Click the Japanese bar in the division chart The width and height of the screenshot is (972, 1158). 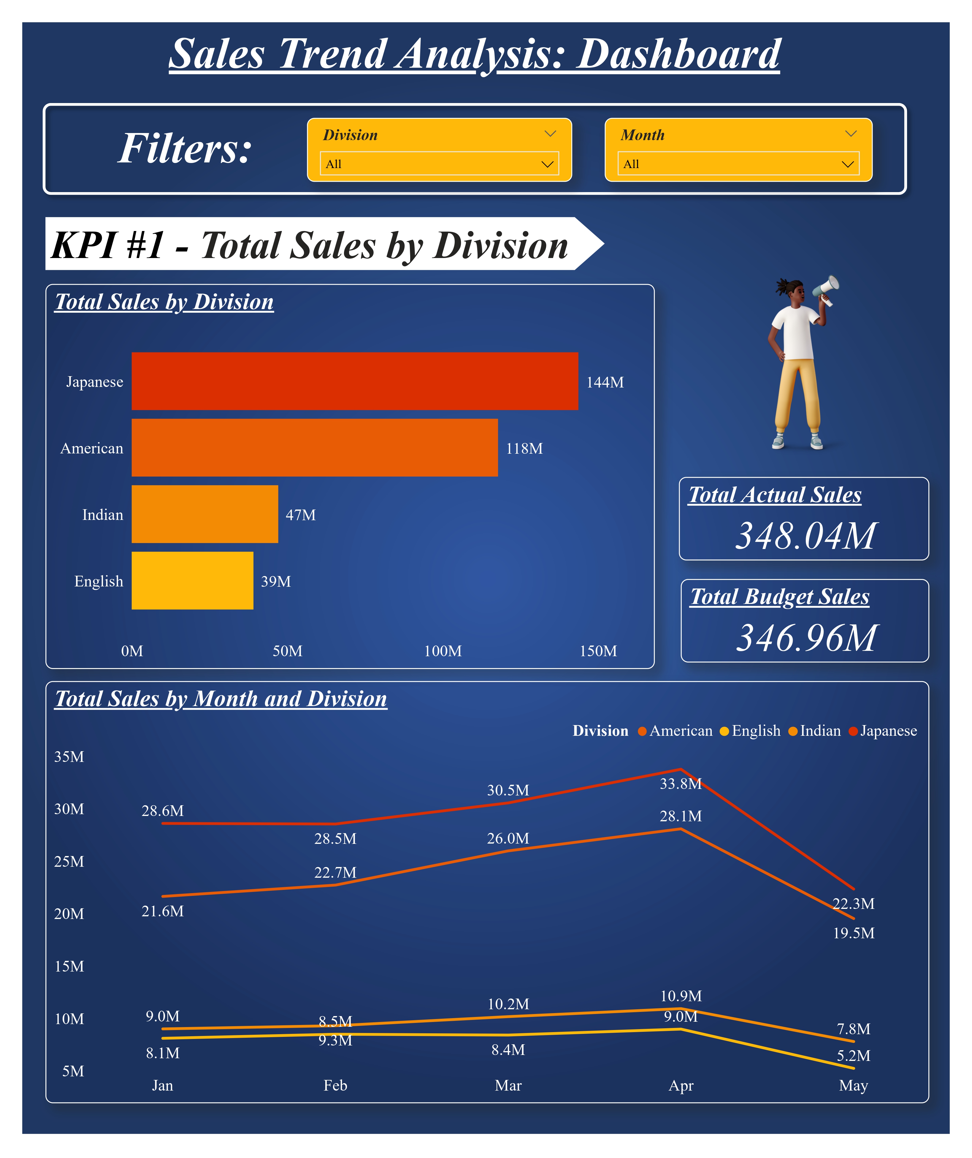click(354, 381)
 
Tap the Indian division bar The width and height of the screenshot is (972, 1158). click(204, 514)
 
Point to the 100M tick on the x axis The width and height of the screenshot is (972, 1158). click(443, 651)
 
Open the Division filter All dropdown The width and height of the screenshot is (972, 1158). click(439, 164)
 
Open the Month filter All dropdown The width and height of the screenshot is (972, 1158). click(738, 164)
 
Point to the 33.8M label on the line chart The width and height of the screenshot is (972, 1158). click(680, 784)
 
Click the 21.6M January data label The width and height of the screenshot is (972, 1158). click(163, 911)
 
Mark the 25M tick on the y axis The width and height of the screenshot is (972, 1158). click(69, 861)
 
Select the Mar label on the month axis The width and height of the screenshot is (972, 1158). click(508, 1085)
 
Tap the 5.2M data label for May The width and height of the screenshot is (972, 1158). click(853, 1056)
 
